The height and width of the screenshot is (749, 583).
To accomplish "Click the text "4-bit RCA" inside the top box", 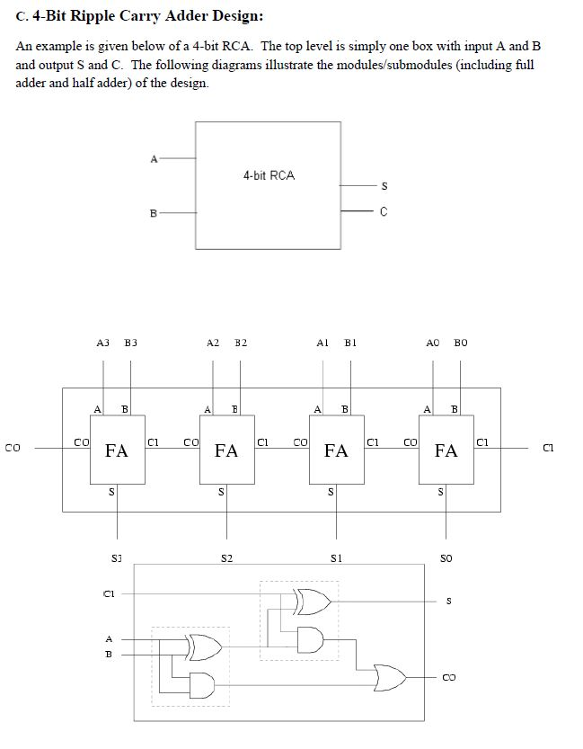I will point(268,175).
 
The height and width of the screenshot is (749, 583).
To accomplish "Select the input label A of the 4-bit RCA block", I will point(153,158).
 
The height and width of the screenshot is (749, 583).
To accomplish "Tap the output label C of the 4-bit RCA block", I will point(384,212).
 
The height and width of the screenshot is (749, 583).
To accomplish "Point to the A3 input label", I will point(102,343).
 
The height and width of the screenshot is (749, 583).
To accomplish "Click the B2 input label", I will point(241,343).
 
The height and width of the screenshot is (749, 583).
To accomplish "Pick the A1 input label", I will point(322,343).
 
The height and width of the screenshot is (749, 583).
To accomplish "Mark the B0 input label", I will point(461,343).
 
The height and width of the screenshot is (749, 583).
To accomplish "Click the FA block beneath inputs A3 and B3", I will point(117,450).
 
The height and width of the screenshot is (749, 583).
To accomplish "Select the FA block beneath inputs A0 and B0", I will point(446,450).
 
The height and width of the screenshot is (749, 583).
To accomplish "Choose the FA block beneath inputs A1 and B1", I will point(336,450).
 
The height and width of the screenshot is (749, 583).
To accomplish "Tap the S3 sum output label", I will point(116,558).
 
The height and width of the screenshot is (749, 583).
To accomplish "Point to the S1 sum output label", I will point(336,558).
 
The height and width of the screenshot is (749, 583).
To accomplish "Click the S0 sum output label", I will point(446,558).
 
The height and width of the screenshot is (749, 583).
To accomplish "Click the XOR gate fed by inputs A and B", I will point(202,646).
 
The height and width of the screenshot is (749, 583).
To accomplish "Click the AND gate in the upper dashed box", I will point(310,638).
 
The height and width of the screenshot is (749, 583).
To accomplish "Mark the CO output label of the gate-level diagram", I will point(449,677).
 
